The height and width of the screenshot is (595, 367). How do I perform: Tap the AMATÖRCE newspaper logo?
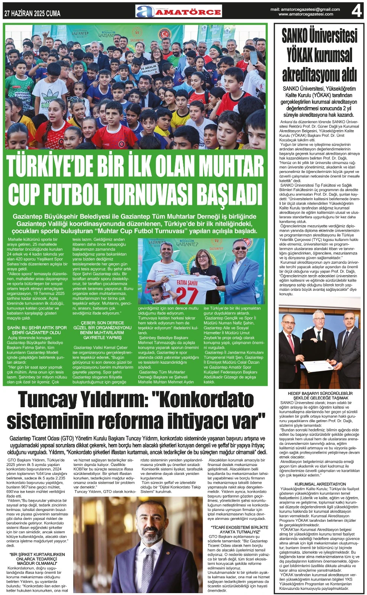(178, 11)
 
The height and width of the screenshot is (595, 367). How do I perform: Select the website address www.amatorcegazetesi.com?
(306, 14)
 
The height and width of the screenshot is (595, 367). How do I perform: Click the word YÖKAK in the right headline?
(300, 55)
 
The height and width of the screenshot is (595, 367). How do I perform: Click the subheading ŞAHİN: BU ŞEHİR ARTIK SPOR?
(37, 328)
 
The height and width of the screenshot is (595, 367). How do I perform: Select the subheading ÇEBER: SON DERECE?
(102, 323)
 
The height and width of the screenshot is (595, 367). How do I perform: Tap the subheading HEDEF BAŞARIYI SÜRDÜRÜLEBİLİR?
(320, 393)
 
